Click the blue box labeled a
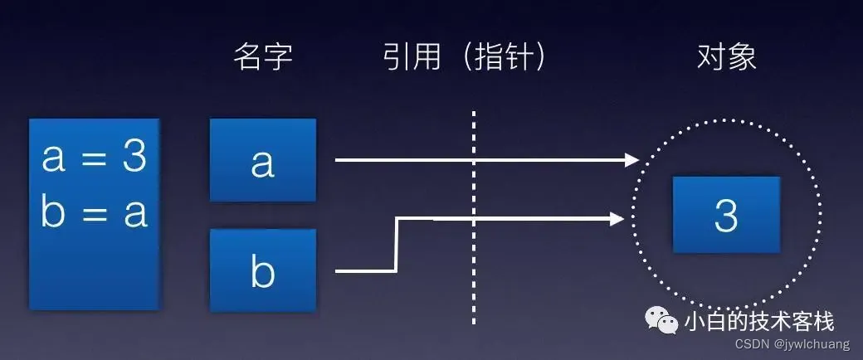(x=263, y=160)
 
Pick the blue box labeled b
(x=263, y=270)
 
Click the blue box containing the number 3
(x=726, y=215)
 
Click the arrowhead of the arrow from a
(x=633, y=159)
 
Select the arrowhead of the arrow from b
(x=617, y=219)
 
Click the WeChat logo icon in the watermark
(x=663, y=320)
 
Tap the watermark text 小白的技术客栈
(x=758, y=320)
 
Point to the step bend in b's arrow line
(x=397, y=244)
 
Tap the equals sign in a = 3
(x=94, y=158)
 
